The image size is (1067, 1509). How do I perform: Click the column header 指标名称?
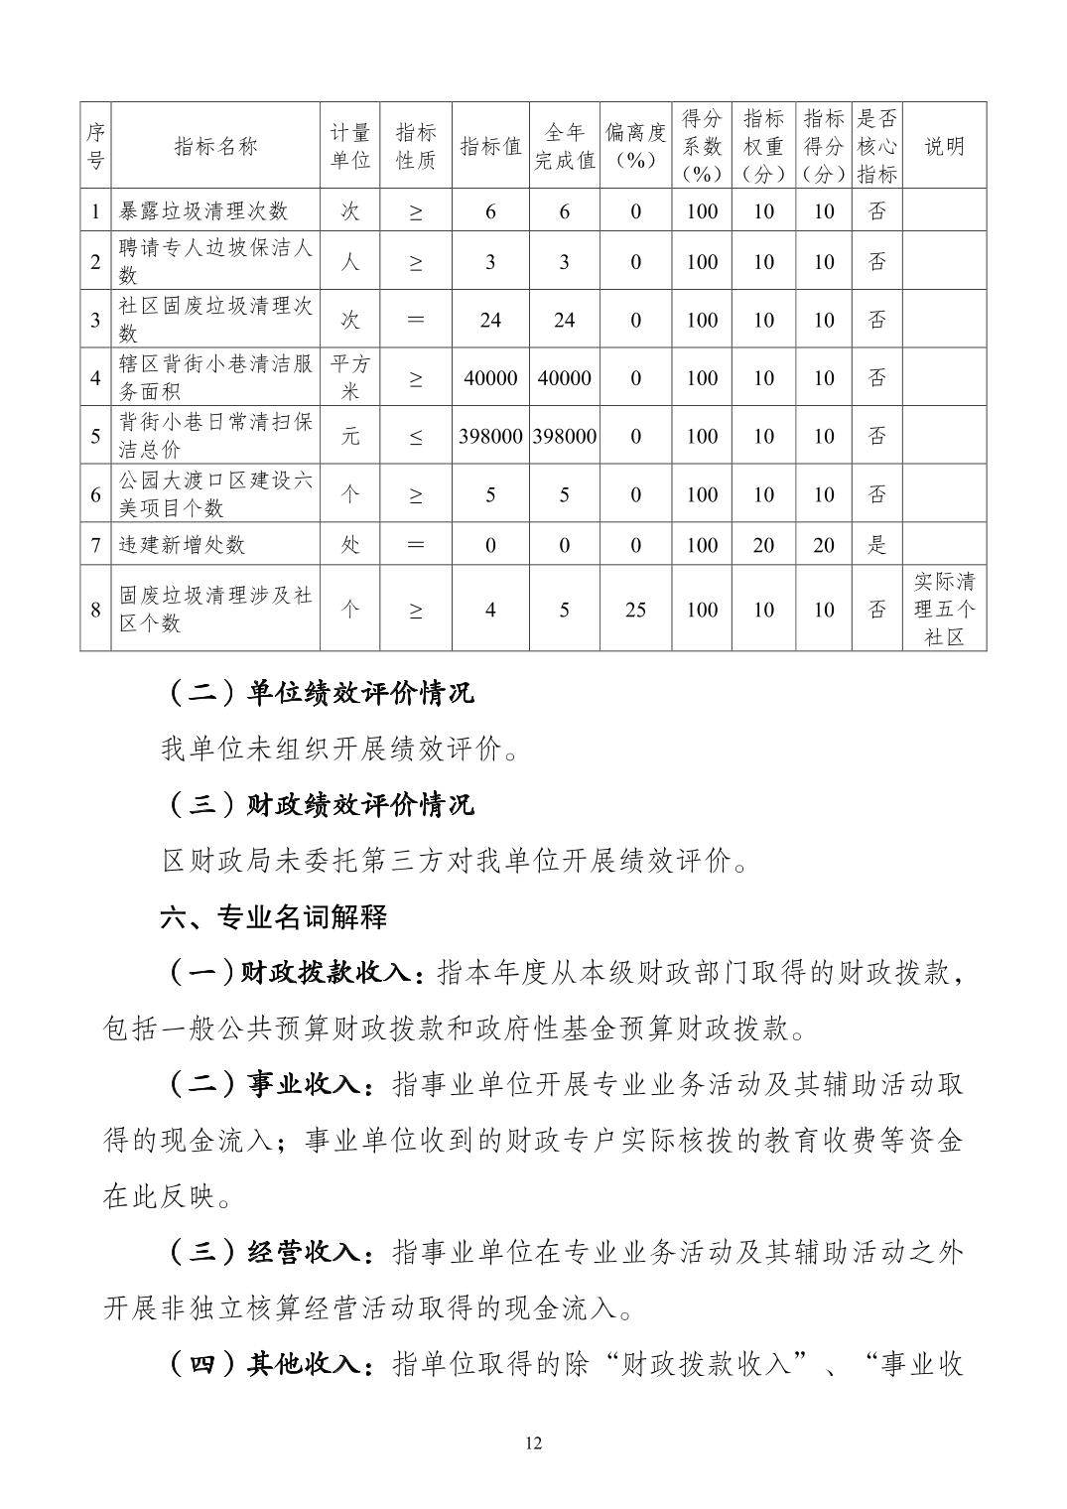[x=214, y=146]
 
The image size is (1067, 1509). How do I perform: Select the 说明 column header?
[x=944, y=146]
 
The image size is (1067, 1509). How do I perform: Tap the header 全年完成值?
[x=564, y=146]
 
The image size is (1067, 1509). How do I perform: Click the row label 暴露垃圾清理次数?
[x=203, y=210]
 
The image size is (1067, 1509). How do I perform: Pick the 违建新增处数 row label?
[x=182, y=545]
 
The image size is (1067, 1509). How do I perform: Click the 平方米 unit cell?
[x=350, y=377]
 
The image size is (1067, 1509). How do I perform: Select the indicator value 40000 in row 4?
[x=490, y=378]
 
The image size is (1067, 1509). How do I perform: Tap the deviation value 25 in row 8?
[x=635, y=610]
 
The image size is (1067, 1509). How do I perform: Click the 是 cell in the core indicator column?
[x=876, y=545]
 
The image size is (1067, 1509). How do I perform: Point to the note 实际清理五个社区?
[x=944, y=609]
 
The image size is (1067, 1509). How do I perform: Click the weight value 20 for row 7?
[x=763, y=545]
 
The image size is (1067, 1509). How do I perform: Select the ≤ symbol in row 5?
[x=415, y=436]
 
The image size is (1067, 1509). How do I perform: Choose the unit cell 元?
[x=350, y=436]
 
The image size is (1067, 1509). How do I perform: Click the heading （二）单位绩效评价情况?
[x=317, y=692]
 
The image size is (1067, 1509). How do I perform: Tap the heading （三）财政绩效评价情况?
[x=317, y=804]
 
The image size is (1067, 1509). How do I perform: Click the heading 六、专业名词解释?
[x=274, y=916]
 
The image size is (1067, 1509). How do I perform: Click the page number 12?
[x=533, y=1443]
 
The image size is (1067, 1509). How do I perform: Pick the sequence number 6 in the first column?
[x=95, y=494]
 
